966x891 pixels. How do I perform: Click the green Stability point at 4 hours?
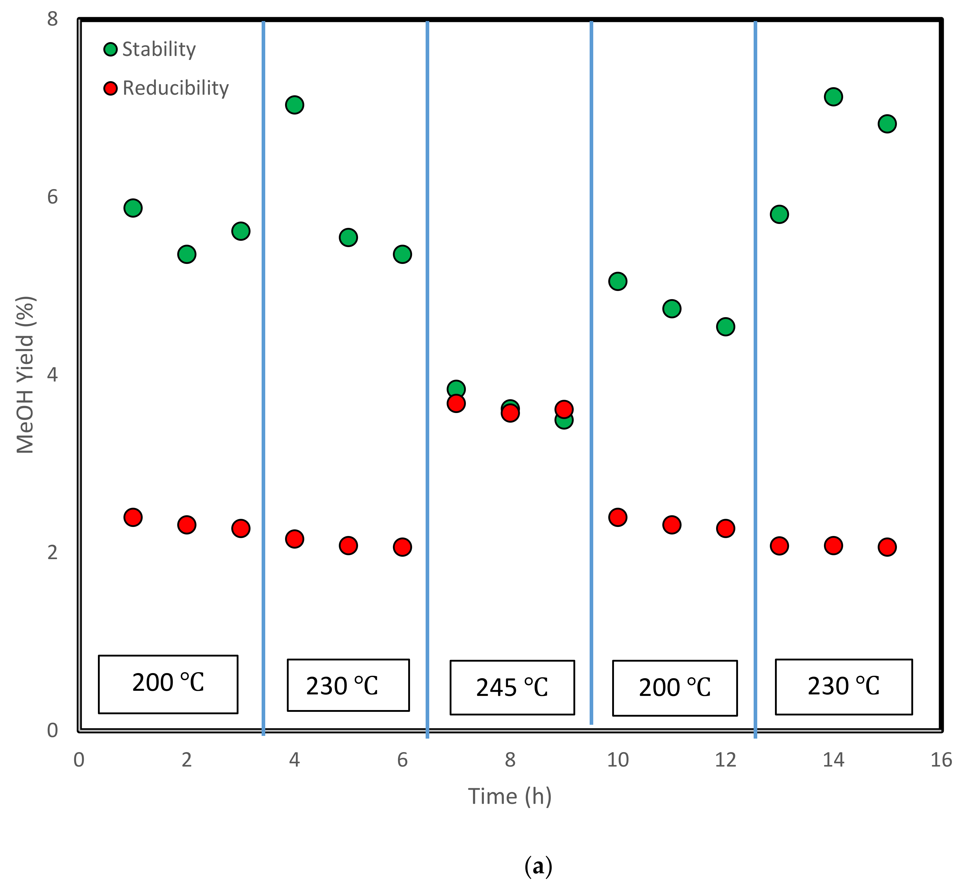coord(294,105)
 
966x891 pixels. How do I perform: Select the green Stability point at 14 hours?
coord(833,96)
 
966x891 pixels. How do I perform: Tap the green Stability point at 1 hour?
coord(133,208)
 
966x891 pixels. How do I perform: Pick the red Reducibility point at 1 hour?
coord(133,517)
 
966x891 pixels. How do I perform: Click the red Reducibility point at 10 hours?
coord(618,517)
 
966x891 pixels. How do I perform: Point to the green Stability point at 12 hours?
coord(726,327)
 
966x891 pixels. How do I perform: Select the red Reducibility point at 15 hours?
coord(887,547)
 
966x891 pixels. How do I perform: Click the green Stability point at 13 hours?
coord(779,214)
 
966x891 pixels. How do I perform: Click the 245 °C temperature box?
coord(512,687)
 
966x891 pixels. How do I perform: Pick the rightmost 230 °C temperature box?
coord(844,687)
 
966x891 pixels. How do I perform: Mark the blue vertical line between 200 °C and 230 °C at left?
coord(263,376)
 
